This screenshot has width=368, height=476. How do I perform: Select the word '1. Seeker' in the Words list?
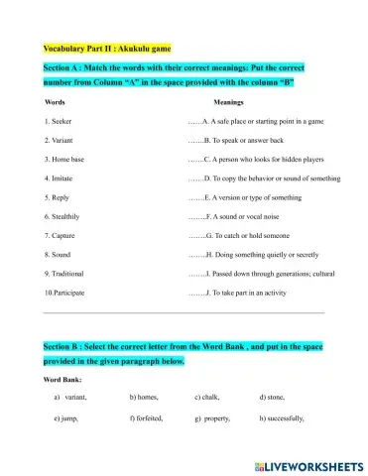(x=61, y=123)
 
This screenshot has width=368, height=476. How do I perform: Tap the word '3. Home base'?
(x=66, y=159)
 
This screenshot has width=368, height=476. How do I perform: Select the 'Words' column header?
(x=57, y=102)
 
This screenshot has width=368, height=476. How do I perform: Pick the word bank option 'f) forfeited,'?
(x=146, y=419)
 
